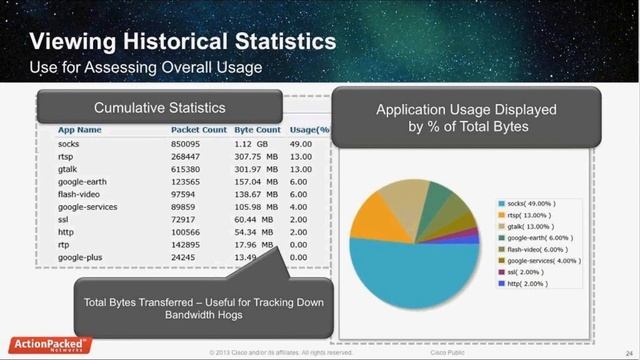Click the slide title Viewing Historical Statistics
pos(182,42)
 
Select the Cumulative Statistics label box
pos(160,107)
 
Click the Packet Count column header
pos(199,130)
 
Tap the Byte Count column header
pos(257,130)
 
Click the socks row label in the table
pos(69,144)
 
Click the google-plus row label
pos(81,257)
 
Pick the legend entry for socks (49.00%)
pos(539,203)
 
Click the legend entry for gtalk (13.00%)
pos(539,226)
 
